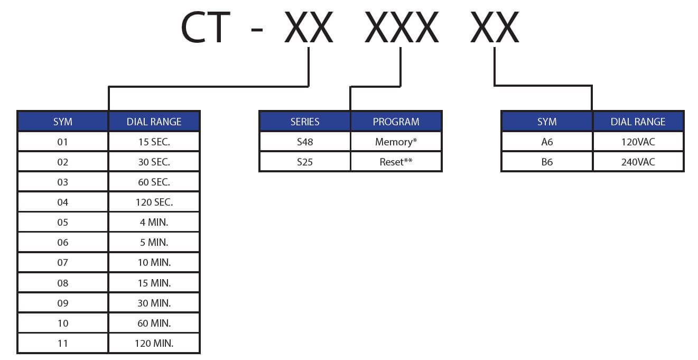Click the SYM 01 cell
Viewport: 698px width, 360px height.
coord(63,142)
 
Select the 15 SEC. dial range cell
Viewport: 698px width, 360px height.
coord(154,142)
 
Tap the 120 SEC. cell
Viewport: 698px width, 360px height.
coord(154,202)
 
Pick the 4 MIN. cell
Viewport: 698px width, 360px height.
coord(154,222)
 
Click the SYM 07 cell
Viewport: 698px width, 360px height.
coord(63,263)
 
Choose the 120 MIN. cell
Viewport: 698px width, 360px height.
coord(154,343)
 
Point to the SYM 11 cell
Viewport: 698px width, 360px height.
coord(63,343)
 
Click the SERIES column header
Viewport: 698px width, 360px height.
coord(305,122)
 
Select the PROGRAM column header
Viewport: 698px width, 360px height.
coord(396,122)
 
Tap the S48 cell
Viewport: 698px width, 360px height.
coord(305,142)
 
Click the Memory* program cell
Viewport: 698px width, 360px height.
coord(396,142)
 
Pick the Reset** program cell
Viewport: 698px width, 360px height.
coord(396,162)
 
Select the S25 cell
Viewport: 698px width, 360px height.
coord(305,162)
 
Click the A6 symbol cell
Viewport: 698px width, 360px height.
coord(547,142)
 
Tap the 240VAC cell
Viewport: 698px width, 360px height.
coord(638,162)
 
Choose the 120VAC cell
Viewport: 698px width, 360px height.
coord(638,142)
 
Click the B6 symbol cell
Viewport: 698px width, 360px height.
coord(547,162)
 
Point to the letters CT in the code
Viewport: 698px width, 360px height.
coord(205,27)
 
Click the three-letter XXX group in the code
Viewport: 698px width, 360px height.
coord(402,27)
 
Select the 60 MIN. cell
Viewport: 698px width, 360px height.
coord(154,323)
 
